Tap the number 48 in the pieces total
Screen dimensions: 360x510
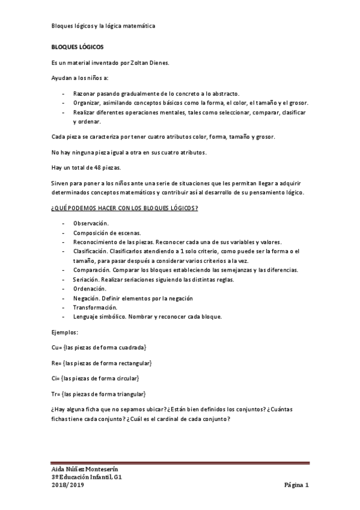[90, 167]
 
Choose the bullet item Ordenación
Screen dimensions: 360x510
[90, 289]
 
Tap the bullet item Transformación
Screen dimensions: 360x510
[95, 307]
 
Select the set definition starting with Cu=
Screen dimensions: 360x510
[100, 348]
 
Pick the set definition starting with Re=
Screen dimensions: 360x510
[102, 363]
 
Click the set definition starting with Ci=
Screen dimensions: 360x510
[96, 378]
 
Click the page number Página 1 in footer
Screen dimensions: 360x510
[296, 485]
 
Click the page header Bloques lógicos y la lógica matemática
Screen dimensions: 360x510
[103, 26]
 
